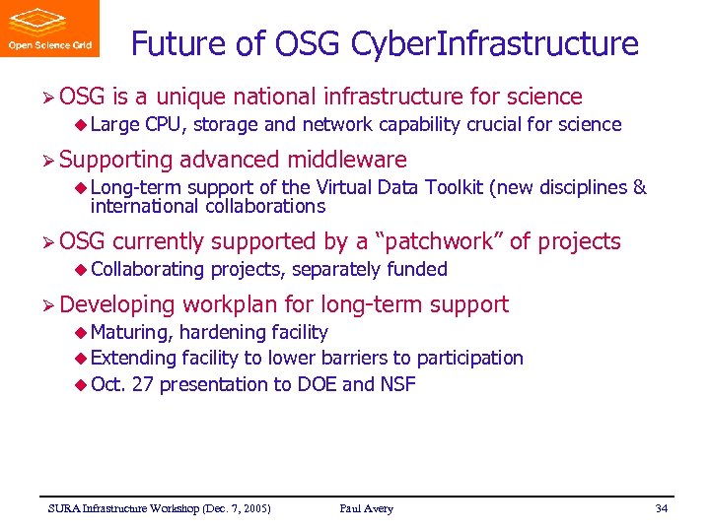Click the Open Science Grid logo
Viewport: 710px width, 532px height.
49,29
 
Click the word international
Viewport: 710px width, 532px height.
145,206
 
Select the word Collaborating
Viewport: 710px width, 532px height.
148,269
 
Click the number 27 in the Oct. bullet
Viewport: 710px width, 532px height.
142,384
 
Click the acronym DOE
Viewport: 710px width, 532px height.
317,384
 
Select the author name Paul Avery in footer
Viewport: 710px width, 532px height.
366,508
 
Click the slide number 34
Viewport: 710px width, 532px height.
662,508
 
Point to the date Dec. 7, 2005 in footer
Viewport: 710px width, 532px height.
236,508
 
